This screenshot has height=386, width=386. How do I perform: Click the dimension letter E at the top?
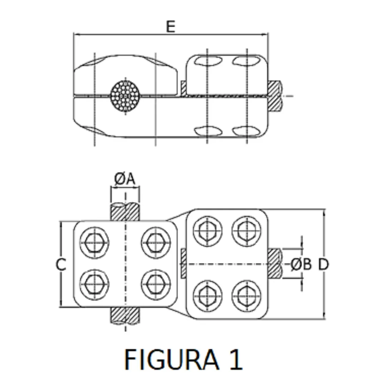[x=171, y=27]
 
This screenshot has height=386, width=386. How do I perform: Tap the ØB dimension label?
[x=301, y=264]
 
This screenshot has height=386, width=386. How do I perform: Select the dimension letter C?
[x=61, y=264]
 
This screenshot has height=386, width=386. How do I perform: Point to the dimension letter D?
[x=323, y=264]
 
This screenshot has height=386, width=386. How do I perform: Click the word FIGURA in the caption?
[x=172, y=359]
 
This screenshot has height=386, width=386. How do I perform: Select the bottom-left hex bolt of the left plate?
[x=94, y=284]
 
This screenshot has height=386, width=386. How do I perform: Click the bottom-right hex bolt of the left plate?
[x=155, y=284]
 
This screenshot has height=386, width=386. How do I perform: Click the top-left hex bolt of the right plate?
[x=208, y=231]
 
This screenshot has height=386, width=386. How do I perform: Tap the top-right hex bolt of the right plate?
[x=246, y=231]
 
